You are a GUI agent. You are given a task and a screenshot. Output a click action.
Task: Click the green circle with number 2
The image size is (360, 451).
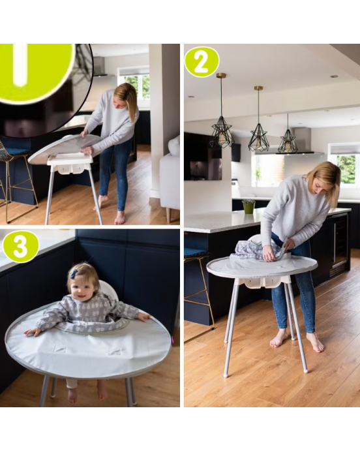(x=202, y=63)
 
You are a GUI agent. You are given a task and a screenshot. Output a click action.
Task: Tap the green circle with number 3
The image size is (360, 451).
(x=21, y=247)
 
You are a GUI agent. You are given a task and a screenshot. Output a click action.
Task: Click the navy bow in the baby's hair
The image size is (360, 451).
(x=73, y=275)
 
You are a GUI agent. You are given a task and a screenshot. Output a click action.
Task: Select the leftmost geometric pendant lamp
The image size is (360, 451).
(x=222, y=133)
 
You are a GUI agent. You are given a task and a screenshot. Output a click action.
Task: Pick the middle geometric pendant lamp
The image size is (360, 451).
(x=259, y=138)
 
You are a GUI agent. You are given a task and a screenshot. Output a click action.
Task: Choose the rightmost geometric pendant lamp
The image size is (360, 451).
(x=287, y=142)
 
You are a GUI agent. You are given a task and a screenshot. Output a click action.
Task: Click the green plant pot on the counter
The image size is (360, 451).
(x=248, y=206)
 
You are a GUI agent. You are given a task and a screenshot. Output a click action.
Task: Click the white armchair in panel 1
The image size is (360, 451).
(x=170, y=178)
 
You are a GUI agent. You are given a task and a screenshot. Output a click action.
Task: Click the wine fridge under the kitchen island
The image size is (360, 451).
(x=340, y=245)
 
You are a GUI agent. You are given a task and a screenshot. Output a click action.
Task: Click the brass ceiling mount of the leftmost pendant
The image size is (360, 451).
(x=221, y=76)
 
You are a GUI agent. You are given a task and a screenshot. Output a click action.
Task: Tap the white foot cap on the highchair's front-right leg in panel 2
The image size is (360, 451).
(x=305, y=370)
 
